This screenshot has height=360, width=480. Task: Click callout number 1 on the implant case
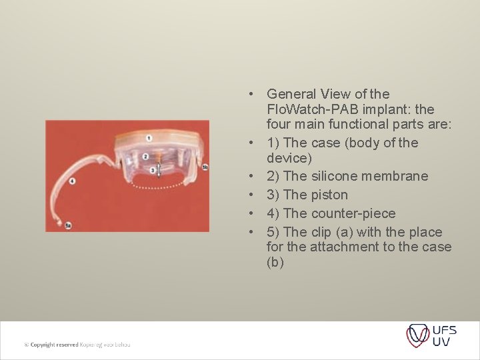pos(149,138)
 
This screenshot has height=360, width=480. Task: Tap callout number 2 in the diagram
pos(145,157)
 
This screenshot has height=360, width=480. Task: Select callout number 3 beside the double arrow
pos(152,171)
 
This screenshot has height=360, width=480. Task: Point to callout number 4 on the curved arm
pos(71,181)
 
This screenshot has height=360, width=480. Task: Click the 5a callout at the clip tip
pos(68,225)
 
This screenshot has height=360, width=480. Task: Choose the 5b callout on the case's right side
pos(205,167)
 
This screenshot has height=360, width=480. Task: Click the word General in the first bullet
pos(292,94)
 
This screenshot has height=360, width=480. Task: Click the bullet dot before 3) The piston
pos(253,195)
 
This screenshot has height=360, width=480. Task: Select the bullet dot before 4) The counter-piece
pos(253,214)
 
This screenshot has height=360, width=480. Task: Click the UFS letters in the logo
pos(445,330)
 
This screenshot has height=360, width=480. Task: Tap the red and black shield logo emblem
pos(418,335)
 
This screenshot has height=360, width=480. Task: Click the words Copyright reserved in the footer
pos(53,345)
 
